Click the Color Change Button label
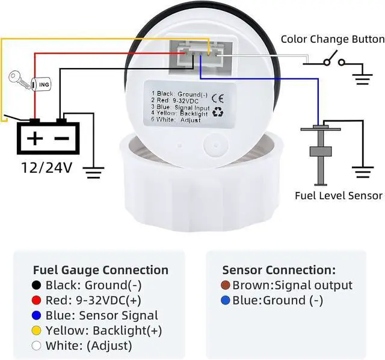coord(333,39)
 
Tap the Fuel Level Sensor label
coord(339,195)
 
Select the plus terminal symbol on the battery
coord(34,138)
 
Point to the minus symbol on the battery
coord(62,138)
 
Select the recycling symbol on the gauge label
coord(218,112)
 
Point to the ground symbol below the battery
coord(93,173)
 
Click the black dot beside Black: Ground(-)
coord(37,285)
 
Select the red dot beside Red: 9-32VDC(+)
coord(37,300)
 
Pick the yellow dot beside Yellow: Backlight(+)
coord(37,331)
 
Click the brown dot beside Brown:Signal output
coord(226,285)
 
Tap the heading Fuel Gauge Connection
coord(100,270)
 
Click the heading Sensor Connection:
coord(279,270)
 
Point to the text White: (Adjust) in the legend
coord(88,346)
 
